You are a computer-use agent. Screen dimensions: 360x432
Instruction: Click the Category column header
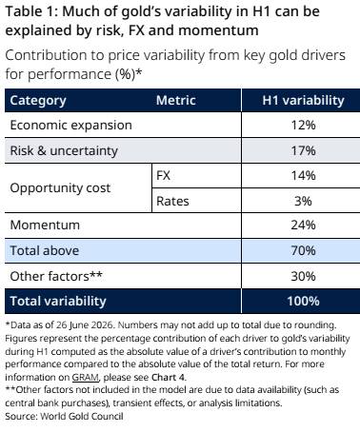click(x=38, y=101)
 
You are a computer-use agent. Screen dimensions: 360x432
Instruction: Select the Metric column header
click(x=175, y=100)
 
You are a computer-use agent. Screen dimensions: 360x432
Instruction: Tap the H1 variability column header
click(x=303, y=100)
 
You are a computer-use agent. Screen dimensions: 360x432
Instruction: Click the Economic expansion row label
click(x=70, y=125)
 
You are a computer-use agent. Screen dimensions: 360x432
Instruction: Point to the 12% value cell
click(x=303, y=125)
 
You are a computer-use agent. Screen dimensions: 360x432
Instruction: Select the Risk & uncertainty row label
click(x=64, y=150)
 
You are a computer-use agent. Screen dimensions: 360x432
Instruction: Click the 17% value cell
click(x=303, y=150)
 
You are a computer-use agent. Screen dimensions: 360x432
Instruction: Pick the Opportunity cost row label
click(x=60, y=188)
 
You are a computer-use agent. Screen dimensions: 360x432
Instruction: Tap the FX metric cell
click(x=163, y=175)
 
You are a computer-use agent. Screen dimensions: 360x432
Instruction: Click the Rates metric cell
click(x=172, y=201)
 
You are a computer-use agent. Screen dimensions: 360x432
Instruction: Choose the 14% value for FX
click(x=303, y=175)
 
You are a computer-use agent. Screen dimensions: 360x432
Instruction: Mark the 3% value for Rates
click(x=303, y=201)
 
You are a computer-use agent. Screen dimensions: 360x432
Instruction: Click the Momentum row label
click(x=45, y=226)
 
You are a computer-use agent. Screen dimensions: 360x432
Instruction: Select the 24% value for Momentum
click(x=303, y=226)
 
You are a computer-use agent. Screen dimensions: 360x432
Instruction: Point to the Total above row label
click(x=45, y=250)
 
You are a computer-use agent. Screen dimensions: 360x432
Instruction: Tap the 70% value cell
click(x=303, y=250)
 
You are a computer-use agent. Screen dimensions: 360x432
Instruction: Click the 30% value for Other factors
click(x=303, y=276)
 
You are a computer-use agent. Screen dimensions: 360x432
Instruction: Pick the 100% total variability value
click(x=303, y=301)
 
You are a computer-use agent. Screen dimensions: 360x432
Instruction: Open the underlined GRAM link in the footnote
click(x=86, y=378)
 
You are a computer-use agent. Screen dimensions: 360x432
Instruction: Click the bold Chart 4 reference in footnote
click(x=168, y=377)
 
